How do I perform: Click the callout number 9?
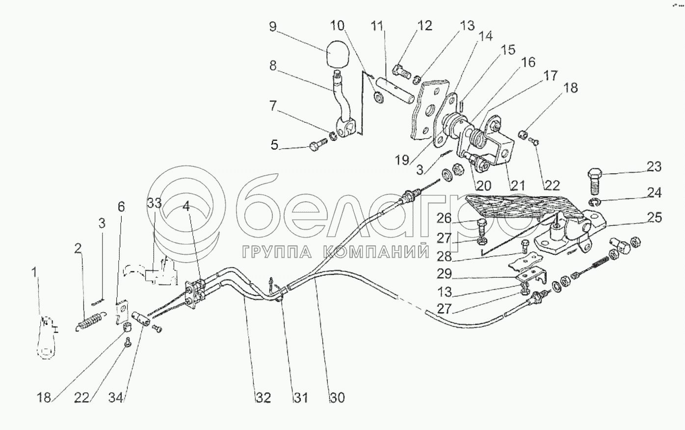pos(273,27)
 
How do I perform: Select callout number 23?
pos(654,167)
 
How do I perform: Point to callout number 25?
pos(655,217)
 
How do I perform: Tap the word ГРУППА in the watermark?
pos(278,252)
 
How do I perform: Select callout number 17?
pos(551,76)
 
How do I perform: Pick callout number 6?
pos(121,207)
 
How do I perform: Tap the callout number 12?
pos(425,26)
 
